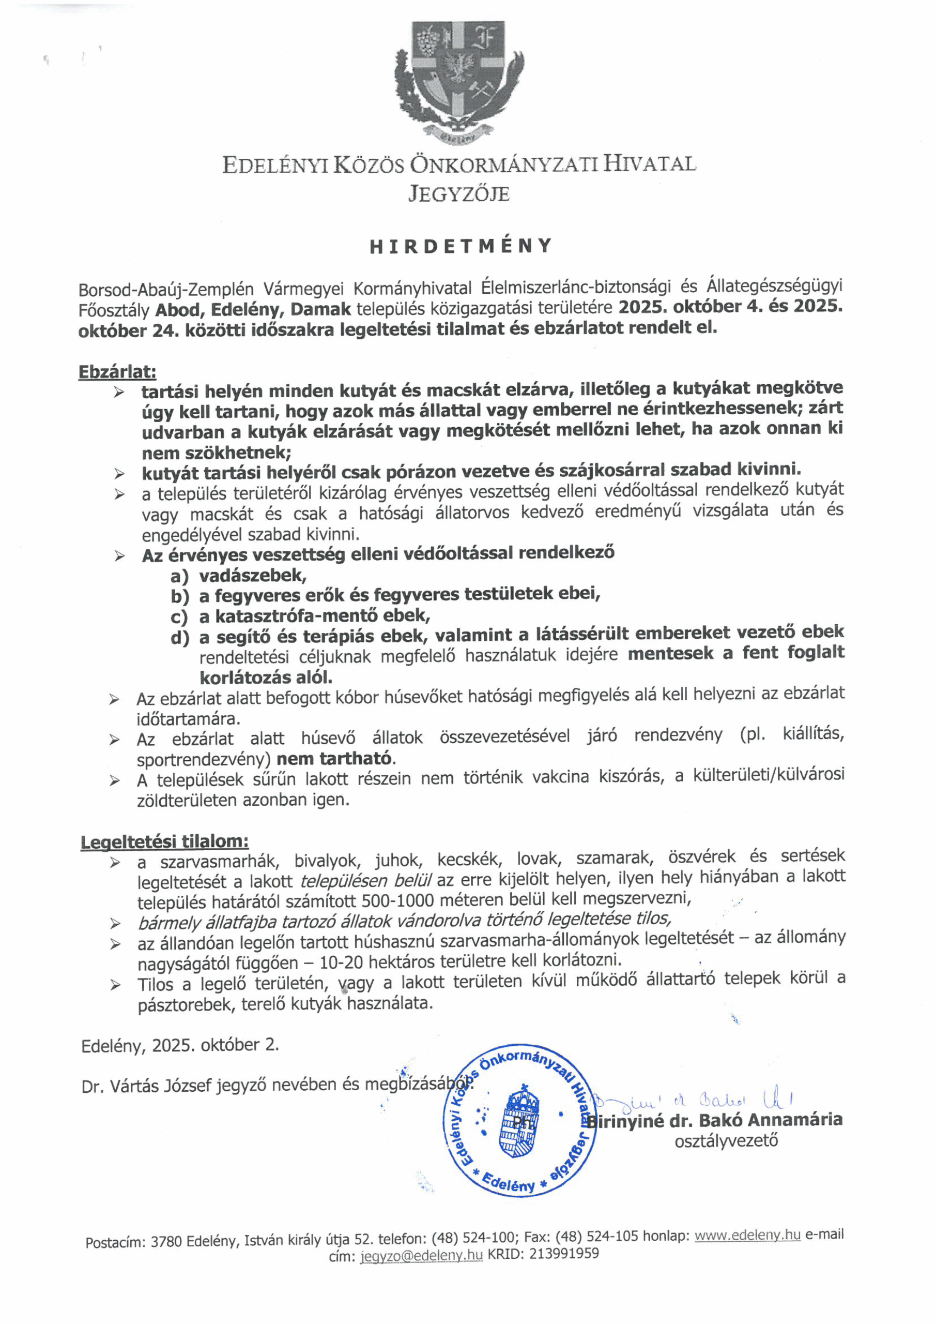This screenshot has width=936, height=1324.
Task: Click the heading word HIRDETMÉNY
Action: coord(461,246)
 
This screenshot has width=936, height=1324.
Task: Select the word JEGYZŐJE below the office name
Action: coord(459,193)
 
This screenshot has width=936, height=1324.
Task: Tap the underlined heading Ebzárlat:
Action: coord(117,371)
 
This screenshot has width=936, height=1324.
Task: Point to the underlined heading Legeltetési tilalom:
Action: coord(165,841)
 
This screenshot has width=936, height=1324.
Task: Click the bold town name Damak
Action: coord(320,309)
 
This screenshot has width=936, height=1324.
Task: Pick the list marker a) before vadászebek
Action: coord(179,576)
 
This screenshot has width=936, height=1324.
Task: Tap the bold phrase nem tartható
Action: coord(334,758)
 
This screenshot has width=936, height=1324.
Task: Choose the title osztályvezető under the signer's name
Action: coord(726,1140)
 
